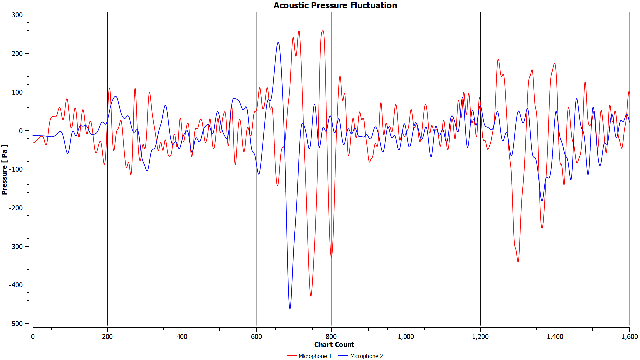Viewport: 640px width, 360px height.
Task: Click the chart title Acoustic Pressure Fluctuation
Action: click(335, 5)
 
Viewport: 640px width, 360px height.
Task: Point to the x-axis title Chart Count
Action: click(334, 345)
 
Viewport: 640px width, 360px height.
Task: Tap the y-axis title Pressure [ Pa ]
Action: click(4, 170)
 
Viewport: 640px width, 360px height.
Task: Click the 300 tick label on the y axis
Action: click(17, 15)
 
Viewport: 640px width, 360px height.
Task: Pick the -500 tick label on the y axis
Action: click(16, 324)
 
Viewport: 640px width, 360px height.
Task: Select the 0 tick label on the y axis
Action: click(21, 131)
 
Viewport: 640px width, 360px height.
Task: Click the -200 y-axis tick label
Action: click(16, 208)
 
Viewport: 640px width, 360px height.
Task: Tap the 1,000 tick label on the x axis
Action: click(406, 337)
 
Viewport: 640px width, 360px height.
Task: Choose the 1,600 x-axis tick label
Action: click(629, 337)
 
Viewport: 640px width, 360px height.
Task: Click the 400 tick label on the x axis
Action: click(182, 337)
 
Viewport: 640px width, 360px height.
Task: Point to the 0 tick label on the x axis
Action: click(33, 337)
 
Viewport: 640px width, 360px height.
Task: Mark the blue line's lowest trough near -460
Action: click(290, 309)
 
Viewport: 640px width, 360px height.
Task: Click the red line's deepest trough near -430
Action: click(311, 296)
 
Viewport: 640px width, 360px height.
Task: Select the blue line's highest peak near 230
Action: click(278, 42)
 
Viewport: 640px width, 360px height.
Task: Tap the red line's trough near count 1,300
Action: click(518, 262)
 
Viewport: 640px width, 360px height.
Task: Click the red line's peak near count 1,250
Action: click(498, 59)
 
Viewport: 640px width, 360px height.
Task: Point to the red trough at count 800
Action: click(331, 257)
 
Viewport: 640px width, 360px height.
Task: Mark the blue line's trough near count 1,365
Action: click(542, 201)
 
